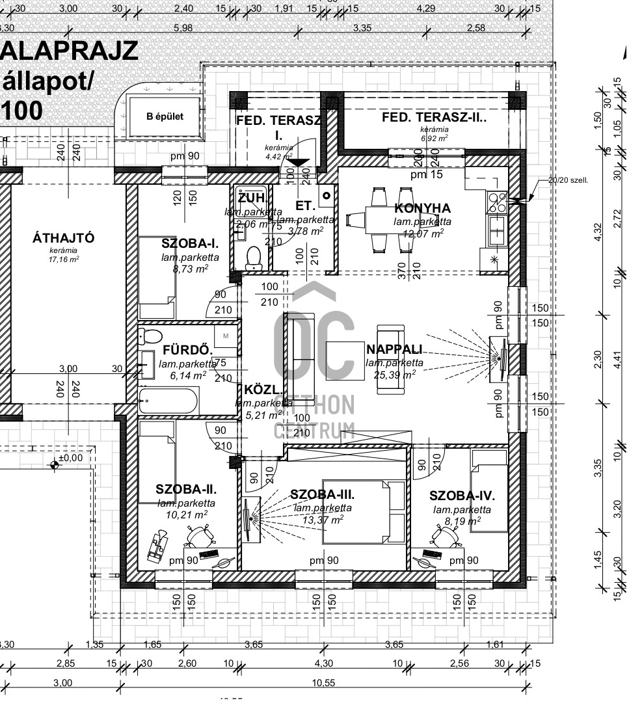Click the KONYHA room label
[422, 208]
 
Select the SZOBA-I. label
[190, 243]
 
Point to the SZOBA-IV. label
[457, 496]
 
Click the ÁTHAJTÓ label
[63, 238]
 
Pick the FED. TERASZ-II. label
[434, 118]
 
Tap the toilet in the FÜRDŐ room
[150, 337]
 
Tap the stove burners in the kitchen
[498, 203]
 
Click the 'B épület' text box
[165, 117]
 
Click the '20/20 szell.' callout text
[568, 180]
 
